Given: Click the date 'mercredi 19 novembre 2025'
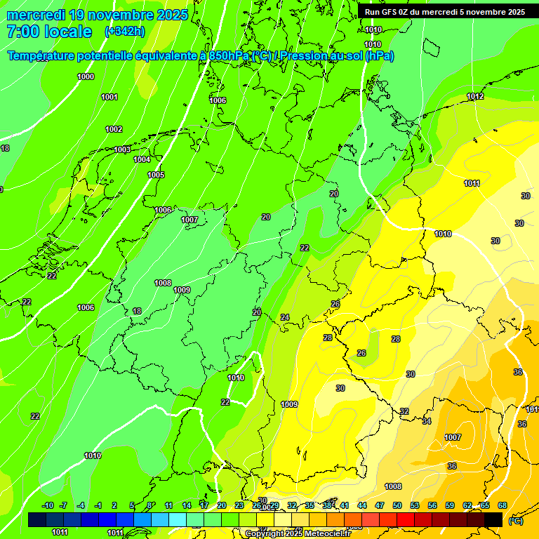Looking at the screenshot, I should [x=97, y=15].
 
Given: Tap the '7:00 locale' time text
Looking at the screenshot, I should [x=49, y=32].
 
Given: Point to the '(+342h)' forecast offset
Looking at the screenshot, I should [x=124, y=32].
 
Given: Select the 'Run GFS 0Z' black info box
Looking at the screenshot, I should [x=444, y=11].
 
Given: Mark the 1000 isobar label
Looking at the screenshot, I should [x=86, y=76].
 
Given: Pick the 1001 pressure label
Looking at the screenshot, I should [x=109, y=97].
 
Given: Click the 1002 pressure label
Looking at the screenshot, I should [x=114, y=129].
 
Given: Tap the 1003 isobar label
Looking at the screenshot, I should [x=122, y=149].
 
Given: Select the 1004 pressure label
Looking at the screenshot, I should [x=142, y=159].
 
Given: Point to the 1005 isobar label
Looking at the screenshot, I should [x=156, y=175].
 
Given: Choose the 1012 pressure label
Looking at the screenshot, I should [x=475, y=96].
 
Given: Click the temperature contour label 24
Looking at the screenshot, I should [x=285, y=317].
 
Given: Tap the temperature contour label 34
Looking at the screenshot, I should [x=427, y=421].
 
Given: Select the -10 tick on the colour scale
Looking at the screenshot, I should [x=48, y=505].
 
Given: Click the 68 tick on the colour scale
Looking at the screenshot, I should [x=503, y=505].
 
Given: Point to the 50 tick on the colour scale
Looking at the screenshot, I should [x=397, y=505].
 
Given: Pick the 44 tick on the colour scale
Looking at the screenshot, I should [x=362, y=505].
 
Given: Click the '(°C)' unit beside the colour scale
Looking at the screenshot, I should [x=515, y=520].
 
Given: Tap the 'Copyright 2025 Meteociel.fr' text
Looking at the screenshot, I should [x=297, y=533].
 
